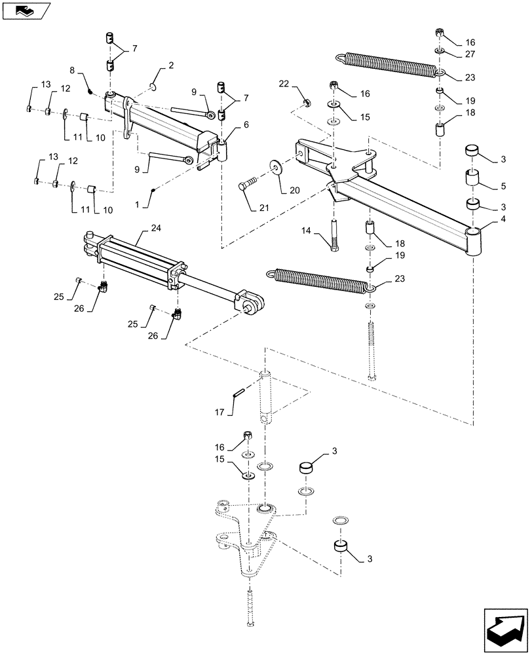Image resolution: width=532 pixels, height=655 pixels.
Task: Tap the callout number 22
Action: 283,83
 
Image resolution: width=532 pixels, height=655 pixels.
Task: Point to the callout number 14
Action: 306,231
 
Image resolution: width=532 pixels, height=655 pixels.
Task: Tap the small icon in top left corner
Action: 26,10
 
